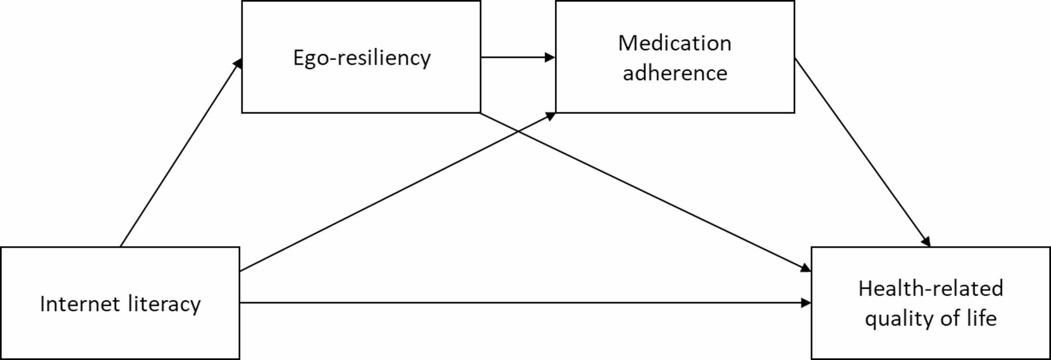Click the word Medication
point(675,43)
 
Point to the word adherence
point(675,73)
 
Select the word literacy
point(164,303)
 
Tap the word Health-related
point(931,288)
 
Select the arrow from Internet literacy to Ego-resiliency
point(181,152)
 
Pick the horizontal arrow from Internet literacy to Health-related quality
point(523,302)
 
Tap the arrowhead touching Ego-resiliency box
point(238,63)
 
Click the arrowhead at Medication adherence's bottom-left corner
point(551,116)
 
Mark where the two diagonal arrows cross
point(517,130)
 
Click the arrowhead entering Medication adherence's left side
point(550,57)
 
